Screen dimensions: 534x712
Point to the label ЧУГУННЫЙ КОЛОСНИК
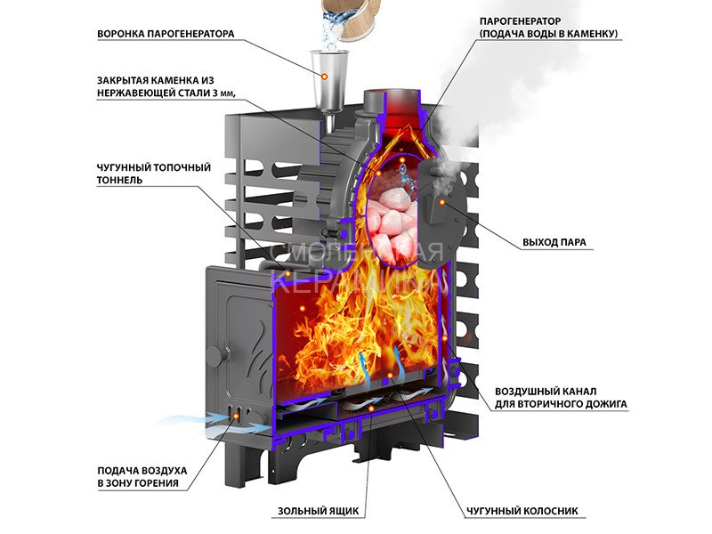522,512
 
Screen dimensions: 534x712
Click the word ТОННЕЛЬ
120,181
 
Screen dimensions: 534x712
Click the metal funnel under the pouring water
327,76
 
